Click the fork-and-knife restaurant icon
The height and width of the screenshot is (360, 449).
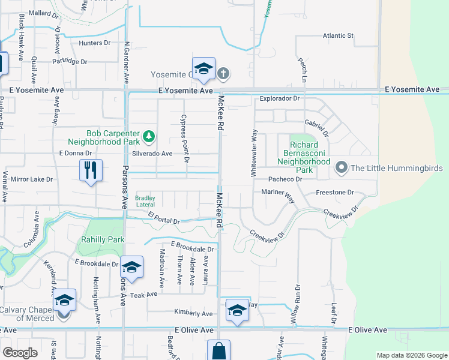pos(90,170)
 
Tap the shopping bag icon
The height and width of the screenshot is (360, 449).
pos(218,351)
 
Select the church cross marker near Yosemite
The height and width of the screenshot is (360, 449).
pos(223,74)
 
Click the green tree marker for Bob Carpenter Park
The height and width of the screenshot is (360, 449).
pos(148,138)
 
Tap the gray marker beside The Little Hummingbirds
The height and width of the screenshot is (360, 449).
pos(342,167)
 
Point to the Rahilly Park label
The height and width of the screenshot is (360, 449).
pos(103,239)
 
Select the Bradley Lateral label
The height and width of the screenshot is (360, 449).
pos(145,201)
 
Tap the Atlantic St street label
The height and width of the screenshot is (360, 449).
pos(338,35)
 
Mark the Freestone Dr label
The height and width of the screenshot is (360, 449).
pos(335,193)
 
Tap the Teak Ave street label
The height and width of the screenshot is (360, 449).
pos(143,295)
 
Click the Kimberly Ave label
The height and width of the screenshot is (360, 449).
pos(193,314)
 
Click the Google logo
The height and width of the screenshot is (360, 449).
pos(20,353)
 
